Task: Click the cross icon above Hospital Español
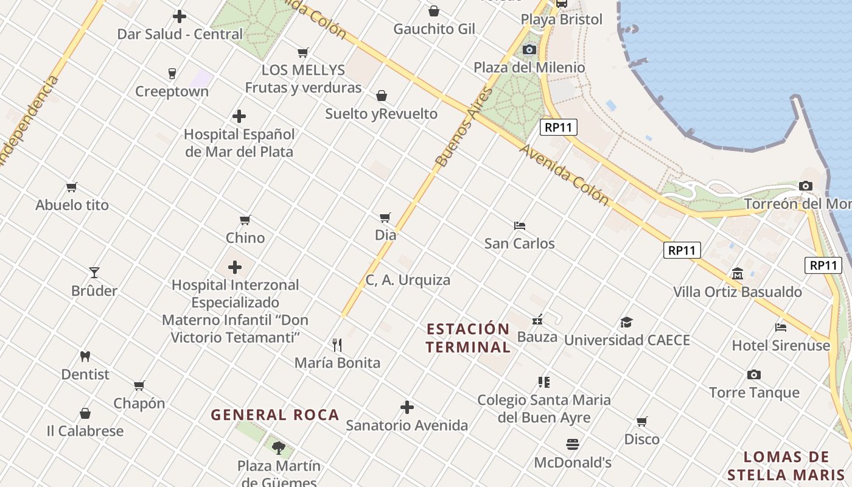tap(239, 116)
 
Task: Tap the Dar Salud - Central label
tap(180, 34)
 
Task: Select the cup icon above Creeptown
tap(172, 74)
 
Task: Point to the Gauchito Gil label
tap(434, 29)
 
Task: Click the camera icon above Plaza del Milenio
tap(529, 49)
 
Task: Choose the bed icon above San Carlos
tap(519, 226)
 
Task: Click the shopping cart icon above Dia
tap(385, 217)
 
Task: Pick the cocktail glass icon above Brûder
tap(94, 272)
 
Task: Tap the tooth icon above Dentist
tap(85, 356)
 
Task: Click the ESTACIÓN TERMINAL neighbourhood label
tap(468, 338)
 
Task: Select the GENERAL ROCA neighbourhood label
tap(274, 415)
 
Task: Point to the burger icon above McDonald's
tap(573, 444)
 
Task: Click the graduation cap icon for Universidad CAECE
tap(626, 322)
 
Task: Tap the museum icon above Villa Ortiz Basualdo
tap(738, 273)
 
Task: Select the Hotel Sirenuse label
tap(781, 346)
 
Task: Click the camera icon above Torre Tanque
tap(754, 374)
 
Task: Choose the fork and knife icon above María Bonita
tap(337, 345)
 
